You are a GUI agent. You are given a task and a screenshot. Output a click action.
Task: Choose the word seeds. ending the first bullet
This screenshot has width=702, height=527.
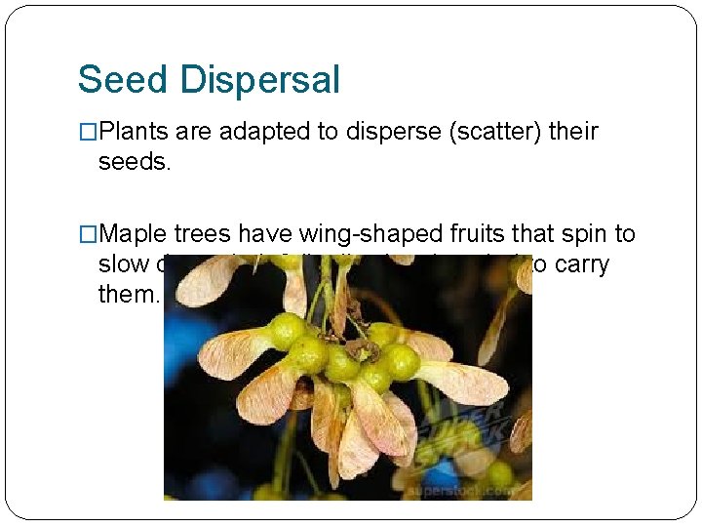(135, 161)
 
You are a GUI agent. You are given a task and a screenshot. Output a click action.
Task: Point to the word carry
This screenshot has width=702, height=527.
(583, 263)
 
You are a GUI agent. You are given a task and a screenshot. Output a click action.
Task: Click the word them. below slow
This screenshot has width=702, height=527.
(128, 293)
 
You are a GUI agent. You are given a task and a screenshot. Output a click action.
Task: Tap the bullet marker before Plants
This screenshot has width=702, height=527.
(88, 132)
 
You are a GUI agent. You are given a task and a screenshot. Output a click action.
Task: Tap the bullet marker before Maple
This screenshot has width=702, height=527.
(88, 234)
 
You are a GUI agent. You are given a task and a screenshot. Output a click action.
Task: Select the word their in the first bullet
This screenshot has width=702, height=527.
(573, 132)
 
